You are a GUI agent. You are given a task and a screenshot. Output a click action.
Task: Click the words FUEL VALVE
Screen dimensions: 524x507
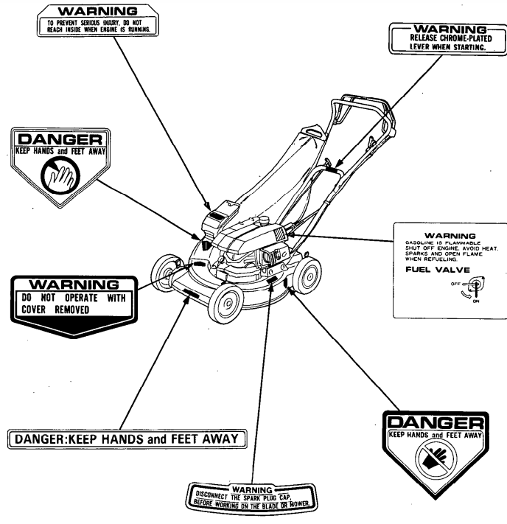point(431,270)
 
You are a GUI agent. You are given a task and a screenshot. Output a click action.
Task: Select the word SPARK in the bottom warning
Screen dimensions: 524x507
point(240,496)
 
